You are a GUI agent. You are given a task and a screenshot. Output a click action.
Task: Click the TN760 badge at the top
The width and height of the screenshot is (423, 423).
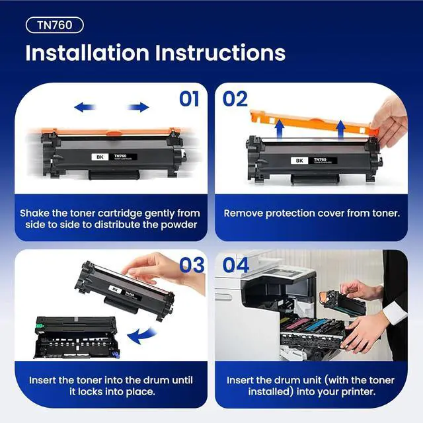tap(55, 25)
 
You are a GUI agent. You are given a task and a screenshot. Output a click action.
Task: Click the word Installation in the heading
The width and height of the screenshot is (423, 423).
tap(87, 53)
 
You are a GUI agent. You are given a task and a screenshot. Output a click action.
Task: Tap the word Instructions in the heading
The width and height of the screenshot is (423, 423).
tap(220, 53)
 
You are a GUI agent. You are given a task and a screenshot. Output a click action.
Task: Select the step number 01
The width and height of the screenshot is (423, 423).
tap(189, 99)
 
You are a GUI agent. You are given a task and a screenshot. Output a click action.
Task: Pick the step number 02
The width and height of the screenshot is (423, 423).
tap(235, 99)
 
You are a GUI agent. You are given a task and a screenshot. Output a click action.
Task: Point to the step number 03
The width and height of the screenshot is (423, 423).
tap(192, 265)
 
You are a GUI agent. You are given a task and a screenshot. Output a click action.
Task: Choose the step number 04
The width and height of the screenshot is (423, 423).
tap(236, 265)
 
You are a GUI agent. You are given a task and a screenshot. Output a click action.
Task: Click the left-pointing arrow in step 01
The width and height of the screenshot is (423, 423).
tap(85, 107)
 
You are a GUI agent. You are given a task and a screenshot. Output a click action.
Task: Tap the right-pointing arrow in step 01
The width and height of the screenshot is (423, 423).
tap(138, 107)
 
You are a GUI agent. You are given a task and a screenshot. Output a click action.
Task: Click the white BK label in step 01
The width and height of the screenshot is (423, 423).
tap(100, 157)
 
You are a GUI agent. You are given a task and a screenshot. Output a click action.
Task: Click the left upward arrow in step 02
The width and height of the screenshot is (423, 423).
tap(280, 129)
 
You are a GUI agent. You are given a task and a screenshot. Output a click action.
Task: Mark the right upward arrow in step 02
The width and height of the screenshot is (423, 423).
tap(341, 130)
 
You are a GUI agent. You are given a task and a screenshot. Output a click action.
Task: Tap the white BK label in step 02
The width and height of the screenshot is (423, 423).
tap(299, 161)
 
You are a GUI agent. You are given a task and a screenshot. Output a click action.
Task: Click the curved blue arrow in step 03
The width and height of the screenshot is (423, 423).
tap(141, 335)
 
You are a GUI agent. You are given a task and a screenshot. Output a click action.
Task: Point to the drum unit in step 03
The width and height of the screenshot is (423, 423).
tap(77, 338)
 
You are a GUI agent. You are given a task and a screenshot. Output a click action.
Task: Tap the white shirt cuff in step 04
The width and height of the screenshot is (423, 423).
tap(395, 313)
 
